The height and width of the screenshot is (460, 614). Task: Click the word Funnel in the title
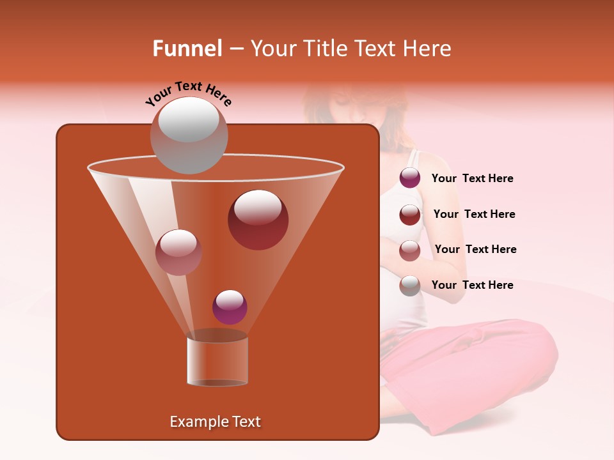(x=187, y=49)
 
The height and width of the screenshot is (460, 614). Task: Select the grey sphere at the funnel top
(x=189, y=135)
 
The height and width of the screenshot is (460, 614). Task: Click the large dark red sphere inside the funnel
(x=258, y=220)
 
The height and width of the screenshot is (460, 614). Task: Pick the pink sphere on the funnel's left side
(x=178, y=252)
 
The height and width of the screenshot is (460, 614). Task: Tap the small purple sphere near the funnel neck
(x=230, y=307)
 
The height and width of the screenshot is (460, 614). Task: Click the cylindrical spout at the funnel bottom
(x=217, y=360)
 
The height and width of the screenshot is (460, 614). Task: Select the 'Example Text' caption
(x=216, y=422)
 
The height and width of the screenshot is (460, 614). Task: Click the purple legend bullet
(x=410, y=178)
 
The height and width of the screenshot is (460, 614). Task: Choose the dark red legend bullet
(x=410, y=214)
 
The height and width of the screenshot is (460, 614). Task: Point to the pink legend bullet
(x=410, y=250)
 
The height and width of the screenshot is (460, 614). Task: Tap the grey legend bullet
(x=410, y=286)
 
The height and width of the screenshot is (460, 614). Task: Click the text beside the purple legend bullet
(x=473, y=179)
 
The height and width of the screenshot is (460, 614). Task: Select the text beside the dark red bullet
(x=474, y=214)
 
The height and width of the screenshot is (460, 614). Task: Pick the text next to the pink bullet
(x=475, y=249)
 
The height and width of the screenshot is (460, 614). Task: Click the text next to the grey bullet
(x=473, y=285)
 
